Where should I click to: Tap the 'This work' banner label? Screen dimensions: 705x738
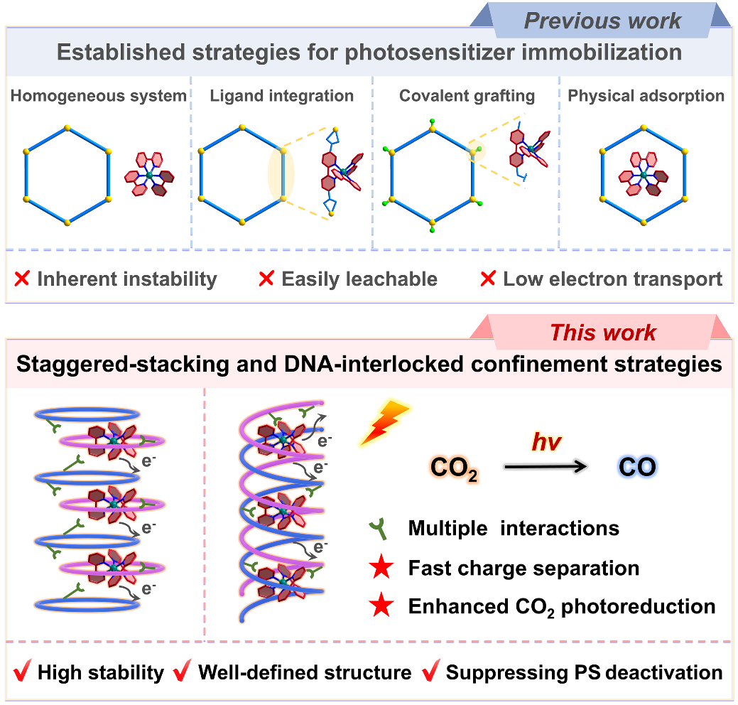click(603, 333)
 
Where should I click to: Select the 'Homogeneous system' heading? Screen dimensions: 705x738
click(99, 96)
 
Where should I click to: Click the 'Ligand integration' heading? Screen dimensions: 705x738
click(282, 96)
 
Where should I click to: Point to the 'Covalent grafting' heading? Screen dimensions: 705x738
click(467, 96)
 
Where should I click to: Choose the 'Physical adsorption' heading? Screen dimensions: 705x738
click(646, 96)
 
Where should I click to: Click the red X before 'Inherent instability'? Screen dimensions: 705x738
click(22, 279)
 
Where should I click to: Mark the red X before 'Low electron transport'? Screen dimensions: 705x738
click(488, 279)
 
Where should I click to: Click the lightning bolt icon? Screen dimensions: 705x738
click(386, 424)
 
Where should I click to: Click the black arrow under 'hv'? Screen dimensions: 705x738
click(546, 467)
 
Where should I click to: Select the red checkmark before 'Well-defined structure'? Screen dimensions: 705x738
click(183, 672)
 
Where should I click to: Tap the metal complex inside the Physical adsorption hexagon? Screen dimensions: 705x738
click(644, 175)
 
